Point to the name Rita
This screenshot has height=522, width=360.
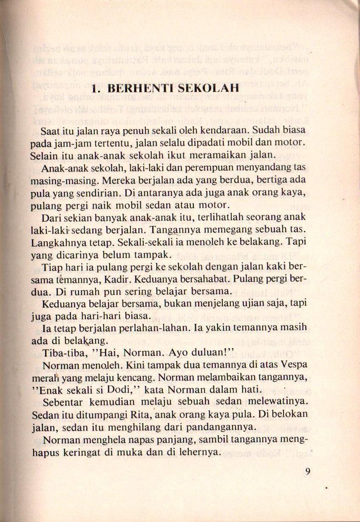pyautogui.click(x=136, y=414)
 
